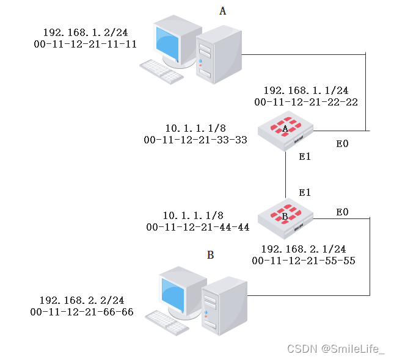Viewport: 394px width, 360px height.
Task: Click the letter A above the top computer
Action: [x=222, y=11]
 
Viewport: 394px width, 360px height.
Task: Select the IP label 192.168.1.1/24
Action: [x=306, y=90]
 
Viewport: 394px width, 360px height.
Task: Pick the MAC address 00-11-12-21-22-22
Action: [x=306, y=103]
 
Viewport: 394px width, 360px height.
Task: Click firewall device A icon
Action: [x=285, y=129]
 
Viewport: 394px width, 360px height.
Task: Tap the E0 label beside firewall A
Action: [x=343, y=144]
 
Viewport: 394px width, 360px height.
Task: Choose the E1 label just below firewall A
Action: [x=305, y=157]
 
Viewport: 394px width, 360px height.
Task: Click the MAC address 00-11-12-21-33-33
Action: [x=195, y=140]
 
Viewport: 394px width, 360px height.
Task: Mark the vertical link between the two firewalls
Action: [x=286, y=174]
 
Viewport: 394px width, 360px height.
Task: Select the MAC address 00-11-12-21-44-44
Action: [x=198, y=227]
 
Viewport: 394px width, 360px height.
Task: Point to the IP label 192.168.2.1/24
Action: [x=304, y=249]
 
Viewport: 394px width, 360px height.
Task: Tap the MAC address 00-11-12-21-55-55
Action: [x=304, y=261]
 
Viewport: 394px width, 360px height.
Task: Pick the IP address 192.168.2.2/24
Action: [x=82, y=300]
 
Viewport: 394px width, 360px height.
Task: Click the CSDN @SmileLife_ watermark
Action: [x=336, y=349]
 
